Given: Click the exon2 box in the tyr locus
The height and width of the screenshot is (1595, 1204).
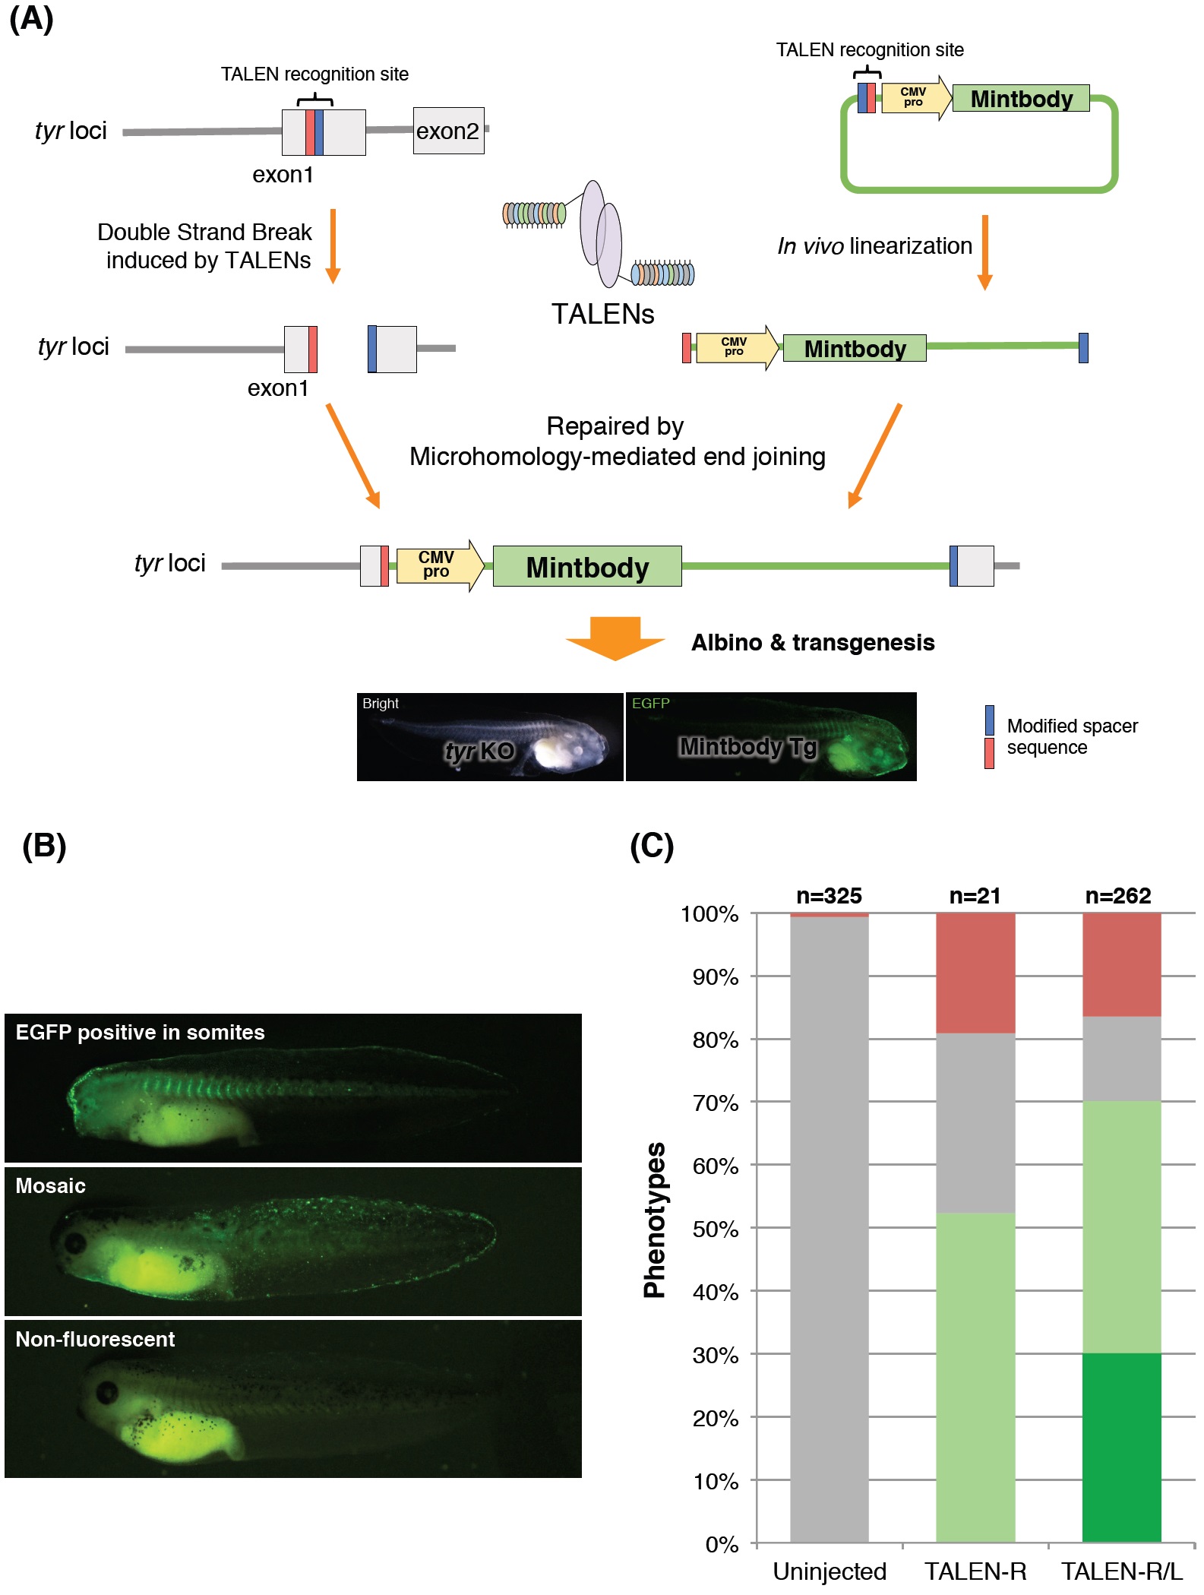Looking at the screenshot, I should click(448, 131).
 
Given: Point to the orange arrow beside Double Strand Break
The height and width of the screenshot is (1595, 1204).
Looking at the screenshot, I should click(333, 245).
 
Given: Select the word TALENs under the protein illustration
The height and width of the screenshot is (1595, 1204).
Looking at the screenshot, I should click(602, 314).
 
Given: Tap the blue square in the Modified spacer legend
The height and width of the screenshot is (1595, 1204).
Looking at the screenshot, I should click(989, 720).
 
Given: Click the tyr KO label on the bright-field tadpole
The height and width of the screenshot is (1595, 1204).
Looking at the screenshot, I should click(479, 752).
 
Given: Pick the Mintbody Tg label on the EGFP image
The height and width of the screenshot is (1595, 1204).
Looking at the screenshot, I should click(747, 747).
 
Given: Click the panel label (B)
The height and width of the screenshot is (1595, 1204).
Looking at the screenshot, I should click(44, 846).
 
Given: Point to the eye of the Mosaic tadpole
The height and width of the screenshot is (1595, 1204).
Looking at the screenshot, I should click(74, 1243).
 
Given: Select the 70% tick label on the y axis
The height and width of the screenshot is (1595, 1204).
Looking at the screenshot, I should click(715, 1103).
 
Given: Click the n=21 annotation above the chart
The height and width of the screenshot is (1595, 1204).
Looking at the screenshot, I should click(975, 896).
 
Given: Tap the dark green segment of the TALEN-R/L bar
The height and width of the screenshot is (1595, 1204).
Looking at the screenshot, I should click(1121, 1448).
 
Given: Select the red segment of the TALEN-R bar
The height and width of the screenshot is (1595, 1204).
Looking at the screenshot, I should click(975, 973).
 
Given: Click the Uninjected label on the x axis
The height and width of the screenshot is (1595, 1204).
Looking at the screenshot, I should click(830, 1571).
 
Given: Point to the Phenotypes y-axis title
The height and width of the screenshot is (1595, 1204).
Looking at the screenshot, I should click(655, 1220).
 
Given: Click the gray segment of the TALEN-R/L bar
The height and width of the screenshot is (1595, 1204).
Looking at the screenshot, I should click(1121, 1059).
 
